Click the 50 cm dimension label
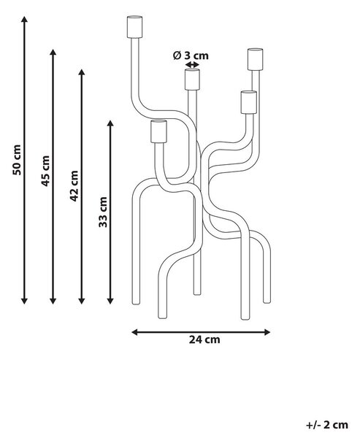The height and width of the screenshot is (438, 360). coord(17,160)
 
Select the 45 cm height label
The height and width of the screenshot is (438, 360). coord(45,171)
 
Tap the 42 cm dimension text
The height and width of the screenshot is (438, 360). coord(74,185)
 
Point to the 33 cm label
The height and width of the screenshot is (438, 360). coord(103,212)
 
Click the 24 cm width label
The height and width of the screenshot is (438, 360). coord(204,339)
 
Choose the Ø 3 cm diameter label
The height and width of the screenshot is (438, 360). coord(191,55)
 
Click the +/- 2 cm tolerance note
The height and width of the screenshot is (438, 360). coord(327,425)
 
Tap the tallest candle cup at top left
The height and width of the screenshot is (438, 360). coord(134,27)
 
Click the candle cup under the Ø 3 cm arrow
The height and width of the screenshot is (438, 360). coord(192,80)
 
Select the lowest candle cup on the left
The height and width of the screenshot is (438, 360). coord(158,131)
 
